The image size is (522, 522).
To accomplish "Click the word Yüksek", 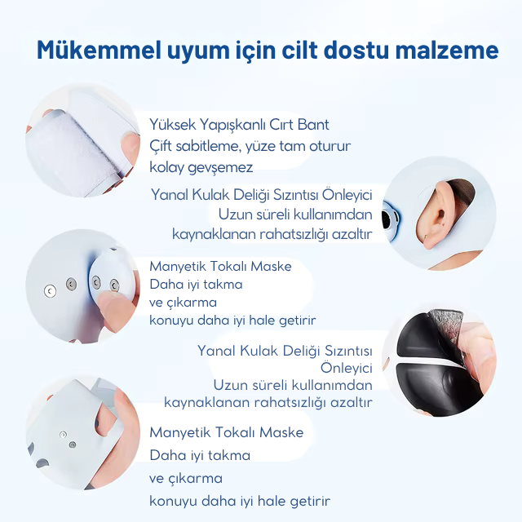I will click(173, 125).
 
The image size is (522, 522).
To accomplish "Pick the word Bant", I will click(314, 125).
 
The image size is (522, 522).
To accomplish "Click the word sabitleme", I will click(215, 146).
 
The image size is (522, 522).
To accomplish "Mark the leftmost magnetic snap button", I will click(51, 290).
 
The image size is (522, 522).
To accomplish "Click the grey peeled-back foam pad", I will click(446, 327).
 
